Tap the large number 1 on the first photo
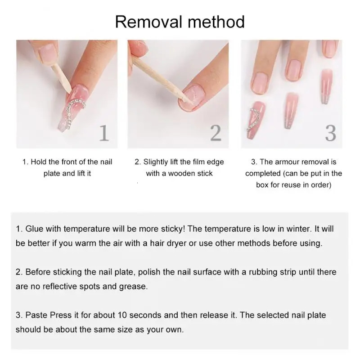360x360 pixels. click(x=104, y=133)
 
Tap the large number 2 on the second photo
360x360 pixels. click(x=216, y=133)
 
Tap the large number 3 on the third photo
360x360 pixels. click(x=330, y=133)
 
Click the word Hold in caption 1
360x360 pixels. click(x=38, y=162)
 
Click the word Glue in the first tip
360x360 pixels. click(x=33, y=229)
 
